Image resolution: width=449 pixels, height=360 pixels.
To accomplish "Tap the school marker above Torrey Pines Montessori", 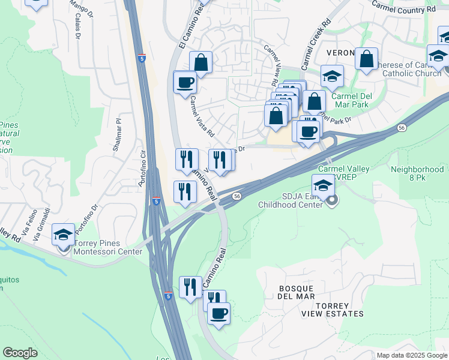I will coord(63,235).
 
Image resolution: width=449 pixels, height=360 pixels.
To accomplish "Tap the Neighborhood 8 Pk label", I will coord(419,174).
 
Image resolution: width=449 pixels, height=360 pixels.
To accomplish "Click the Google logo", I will coord(20,353).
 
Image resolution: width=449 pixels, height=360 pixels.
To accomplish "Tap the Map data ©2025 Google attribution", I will coord(412,355).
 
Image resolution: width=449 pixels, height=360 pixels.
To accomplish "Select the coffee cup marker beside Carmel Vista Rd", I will coord(185,82).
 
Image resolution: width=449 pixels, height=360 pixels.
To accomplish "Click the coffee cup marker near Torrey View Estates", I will coord(218,313).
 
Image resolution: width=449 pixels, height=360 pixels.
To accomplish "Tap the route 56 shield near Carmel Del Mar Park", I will coord(401,127).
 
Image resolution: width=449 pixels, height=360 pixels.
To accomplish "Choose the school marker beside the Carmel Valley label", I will coord(323,185).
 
